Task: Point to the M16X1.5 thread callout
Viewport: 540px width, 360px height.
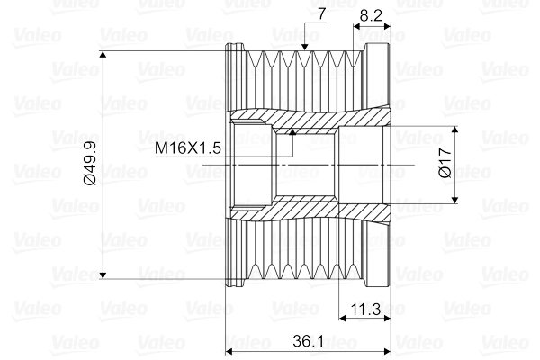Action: pyautogui.click(x=188, y=147)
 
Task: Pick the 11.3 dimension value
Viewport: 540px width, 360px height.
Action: pyautogui.click(x=364, y=310)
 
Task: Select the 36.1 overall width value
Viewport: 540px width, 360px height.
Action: pyautogui.click(x=309, y=341)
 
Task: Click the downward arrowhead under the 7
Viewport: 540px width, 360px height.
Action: pyautogui.click(x=307, y=44)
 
